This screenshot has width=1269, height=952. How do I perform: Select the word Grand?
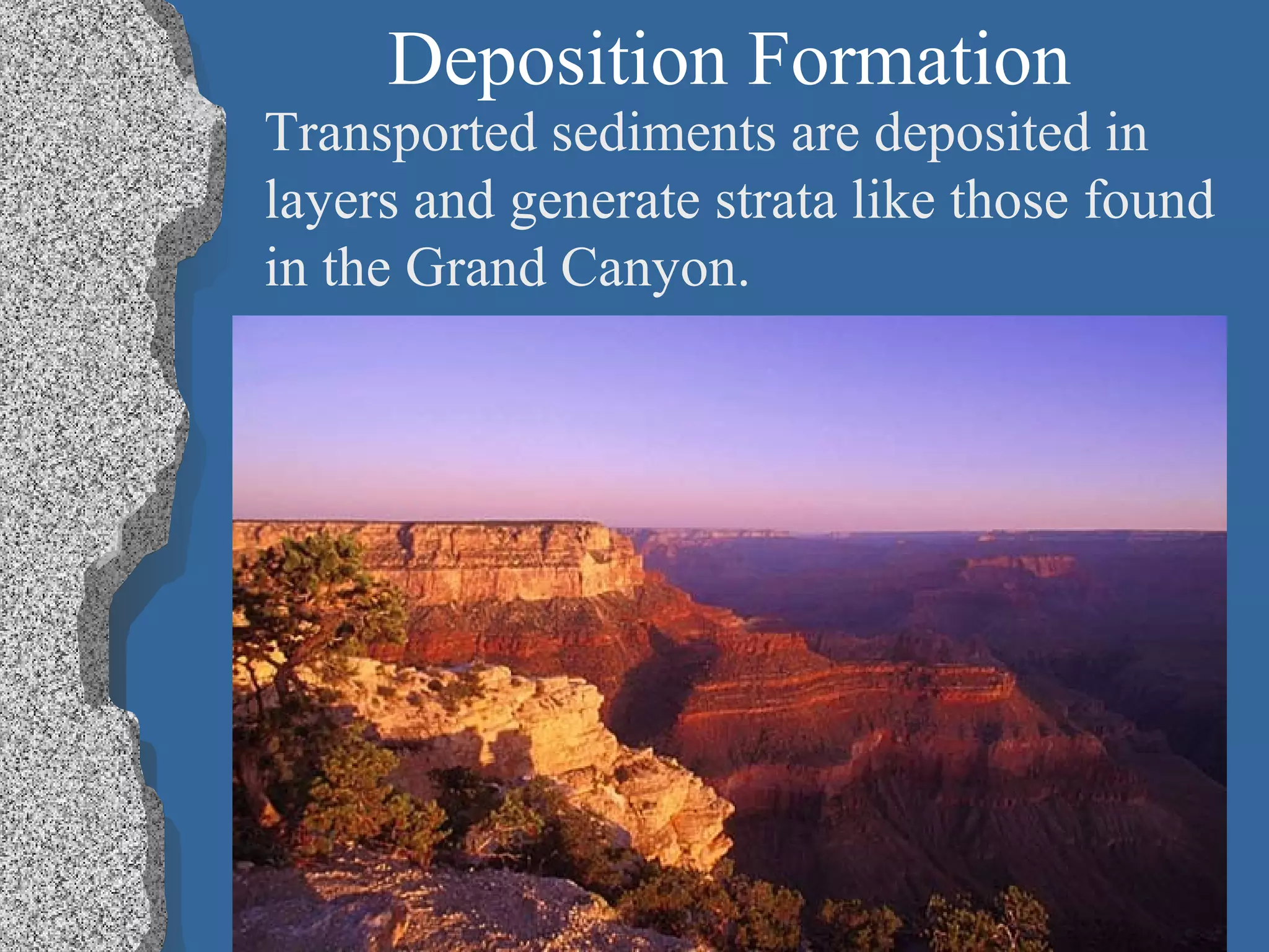(x=475, y=268)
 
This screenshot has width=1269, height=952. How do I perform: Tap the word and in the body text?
(x=454, y=200)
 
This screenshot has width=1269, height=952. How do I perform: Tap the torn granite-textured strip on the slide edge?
(x=81, y=471)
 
